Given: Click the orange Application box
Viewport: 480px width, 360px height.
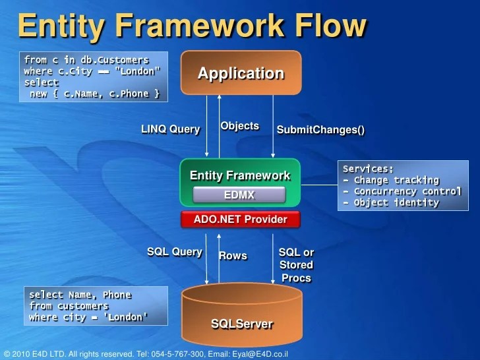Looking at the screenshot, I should coord(241,73).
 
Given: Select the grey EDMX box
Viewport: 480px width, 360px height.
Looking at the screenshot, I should coord(239,195).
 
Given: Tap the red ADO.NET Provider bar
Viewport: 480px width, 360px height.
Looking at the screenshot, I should coord(240,220).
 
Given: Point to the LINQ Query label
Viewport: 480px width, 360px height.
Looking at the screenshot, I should coord(170,129).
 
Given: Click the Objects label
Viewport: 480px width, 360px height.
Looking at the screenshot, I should coord(239,126).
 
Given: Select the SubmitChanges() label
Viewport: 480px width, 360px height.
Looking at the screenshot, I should coord(320,130).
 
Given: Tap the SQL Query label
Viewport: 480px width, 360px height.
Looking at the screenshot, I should coord(174,252).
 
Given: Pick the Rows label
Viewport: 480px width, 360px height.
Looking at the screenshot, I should coord(233,256).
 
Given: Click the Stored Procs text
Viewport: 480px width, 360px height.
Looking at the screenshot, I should coord(296,271).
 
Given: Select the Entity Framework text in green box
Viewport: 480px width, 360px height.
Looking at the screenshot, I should coord(240,175).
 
